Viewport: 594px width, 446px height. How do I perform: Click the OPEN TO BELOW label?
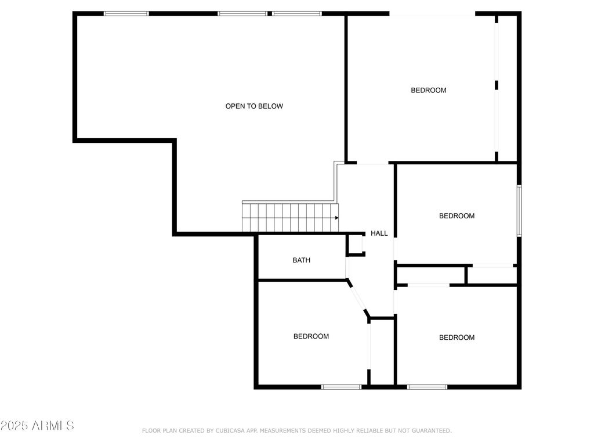[x=254, y=106]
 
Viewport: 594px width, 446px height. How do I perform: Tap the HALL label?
[x=379, y=233]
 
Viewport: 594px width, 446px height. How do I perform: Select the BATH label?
[x=302, y=260]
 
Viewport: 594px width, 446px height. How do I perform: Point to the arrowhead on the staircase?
[x=337, y=218]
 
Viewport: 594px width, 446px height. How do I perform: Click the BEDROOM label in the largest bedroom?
[x=429, y=90]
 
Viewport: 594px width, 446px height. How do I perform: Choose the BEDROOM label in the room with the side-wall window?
[x=457, y=216]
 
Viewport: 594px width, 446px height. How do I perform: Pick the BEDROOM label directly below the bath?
[x=311, y=336]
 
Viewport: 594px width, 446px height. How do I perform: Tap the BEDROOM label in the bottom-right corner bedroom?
[x=457, y=337]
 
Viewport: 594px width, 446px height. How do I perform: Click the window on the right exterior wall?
[x=519, y=210]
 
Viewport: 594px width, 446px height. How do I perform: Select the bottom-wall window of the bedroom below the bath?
[x=341, y=387]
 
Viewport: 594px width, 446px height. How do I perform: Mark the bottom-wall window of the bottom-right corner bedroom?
[x=428, y=387]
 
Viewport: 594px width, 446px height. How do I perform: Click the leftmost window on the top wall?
[x=126, y=14]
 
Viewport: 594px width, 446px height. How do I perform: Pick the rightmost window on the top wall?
[x=296, y=14]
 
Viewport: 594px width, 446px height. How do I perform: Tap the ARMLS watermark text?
[x=53, y=426]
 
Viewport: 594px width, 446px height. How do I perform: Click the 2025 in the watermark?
[x=15, y=426]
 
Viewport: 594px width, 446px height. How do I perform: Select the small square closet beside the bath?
[x=356, y=245]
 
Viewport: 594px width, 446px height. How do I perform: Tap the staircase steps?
[x=291, y=217]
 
